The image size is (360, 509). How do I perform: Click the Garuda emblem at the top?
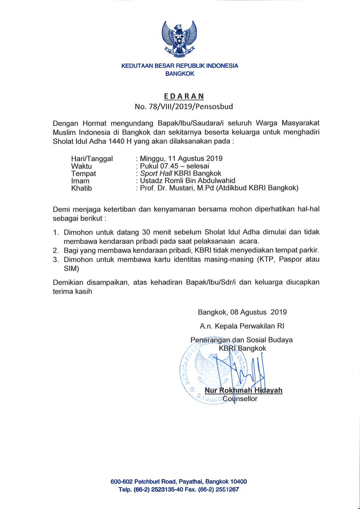pyautogui.click(x=180, y=39)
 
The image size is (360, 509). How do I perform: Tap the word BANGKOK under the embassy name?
pyautogui.click(x=180, y=74)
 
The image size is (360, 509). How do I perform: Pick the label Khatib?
pyautogui.click(x=81, y=188)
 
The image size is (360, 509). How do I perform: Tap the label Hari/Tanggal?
pyautogui.click(x=92, y=159)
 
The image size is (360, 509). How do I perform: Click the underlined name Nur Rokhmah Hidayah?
pyautogui.click(x=243, y=391)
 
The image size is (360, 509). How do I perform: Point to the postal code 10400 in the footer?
pyautogui.click(x=237, y=482)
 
